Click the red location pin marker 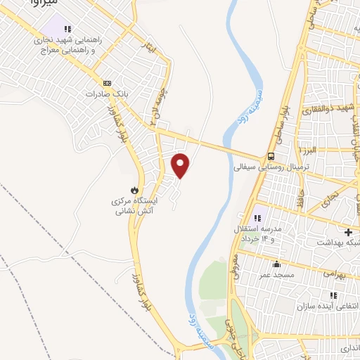181,166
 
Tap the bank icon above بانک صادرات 106,82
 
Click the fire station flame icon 133,190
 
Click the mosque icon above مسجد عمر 276,265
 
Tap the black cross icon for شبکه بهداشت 348,232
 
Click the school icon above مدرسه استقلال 257,218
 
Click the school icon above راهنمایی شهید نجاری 67,30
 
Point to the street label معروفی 234,264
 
